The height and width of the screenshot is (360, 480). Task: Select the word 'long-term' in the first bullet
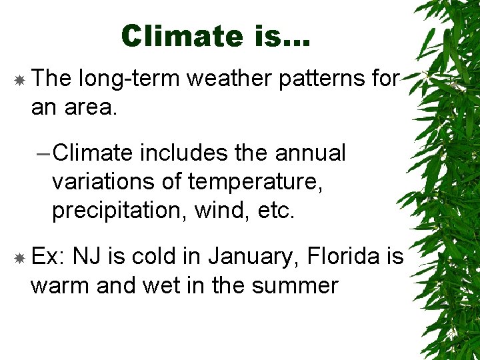129,79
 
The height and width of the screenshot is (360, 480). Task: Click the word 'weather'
228,79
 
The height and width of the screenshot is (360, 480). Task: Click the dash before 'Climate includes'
42,153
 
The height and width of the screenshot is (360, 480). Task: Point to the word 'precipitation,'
120,210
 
